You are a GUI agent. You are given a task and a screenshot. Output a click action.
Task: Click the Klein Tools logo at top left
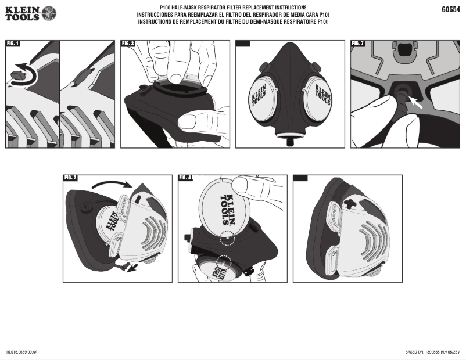[30, 13]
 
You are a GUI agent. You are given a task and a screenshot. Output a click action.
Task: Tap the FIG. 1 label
[13, 44]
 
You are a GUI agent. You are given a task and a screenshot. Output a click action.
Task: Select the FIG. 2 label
[70, 178]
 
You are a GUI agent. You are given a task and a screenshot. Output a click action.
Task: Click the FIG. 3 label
[128, 44]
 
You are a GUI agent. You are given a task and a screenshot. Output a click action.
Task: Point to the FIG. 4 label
[186, 178]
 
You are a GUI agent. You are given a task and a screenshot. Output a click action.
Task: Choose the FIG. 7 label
[358, 44]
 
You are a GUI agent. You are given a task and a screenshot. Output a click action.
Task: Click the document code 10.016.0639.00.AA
[21, 352]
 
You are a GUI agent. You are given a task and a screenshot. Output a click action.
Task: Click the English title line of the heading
[232, 7]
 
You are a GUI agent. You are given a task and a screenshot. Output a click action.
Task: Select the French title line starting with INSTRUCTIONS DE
[232, 21]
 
